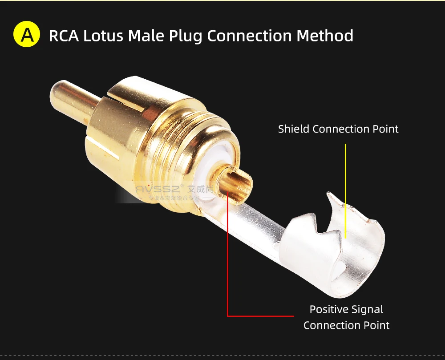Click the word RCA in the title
pyautogui.click(x=64, y=36)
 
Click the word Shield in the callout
pyautogui.click(x=294, y=129)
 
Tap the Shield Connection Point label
pyautogui.click(x=338, y=129)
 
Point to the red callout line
pyautogui.click(x=228, y=267)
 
